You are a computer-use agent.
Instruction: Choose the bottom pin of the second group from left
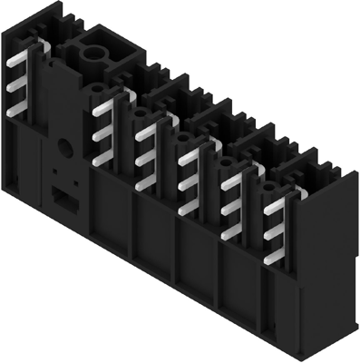point(102,157)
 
